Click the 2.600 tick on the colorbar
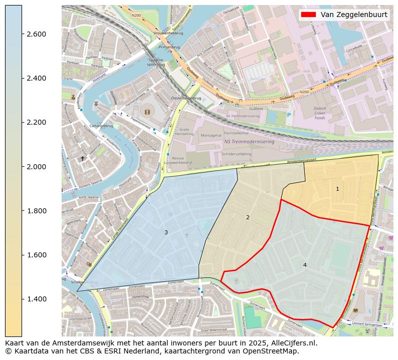37,34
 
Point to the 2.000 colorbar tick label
37,167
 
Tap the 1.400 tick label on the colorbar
37,299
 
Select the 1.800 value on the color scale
37,211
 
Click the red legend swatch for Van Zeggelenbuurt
308,15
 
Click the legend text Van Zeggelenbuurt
354,15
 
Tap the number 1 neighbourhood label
337,189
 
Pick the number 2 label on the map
248,217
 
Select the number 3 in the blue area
166,232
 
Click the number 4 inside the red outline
305,265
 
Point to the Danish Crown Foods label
320,113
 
